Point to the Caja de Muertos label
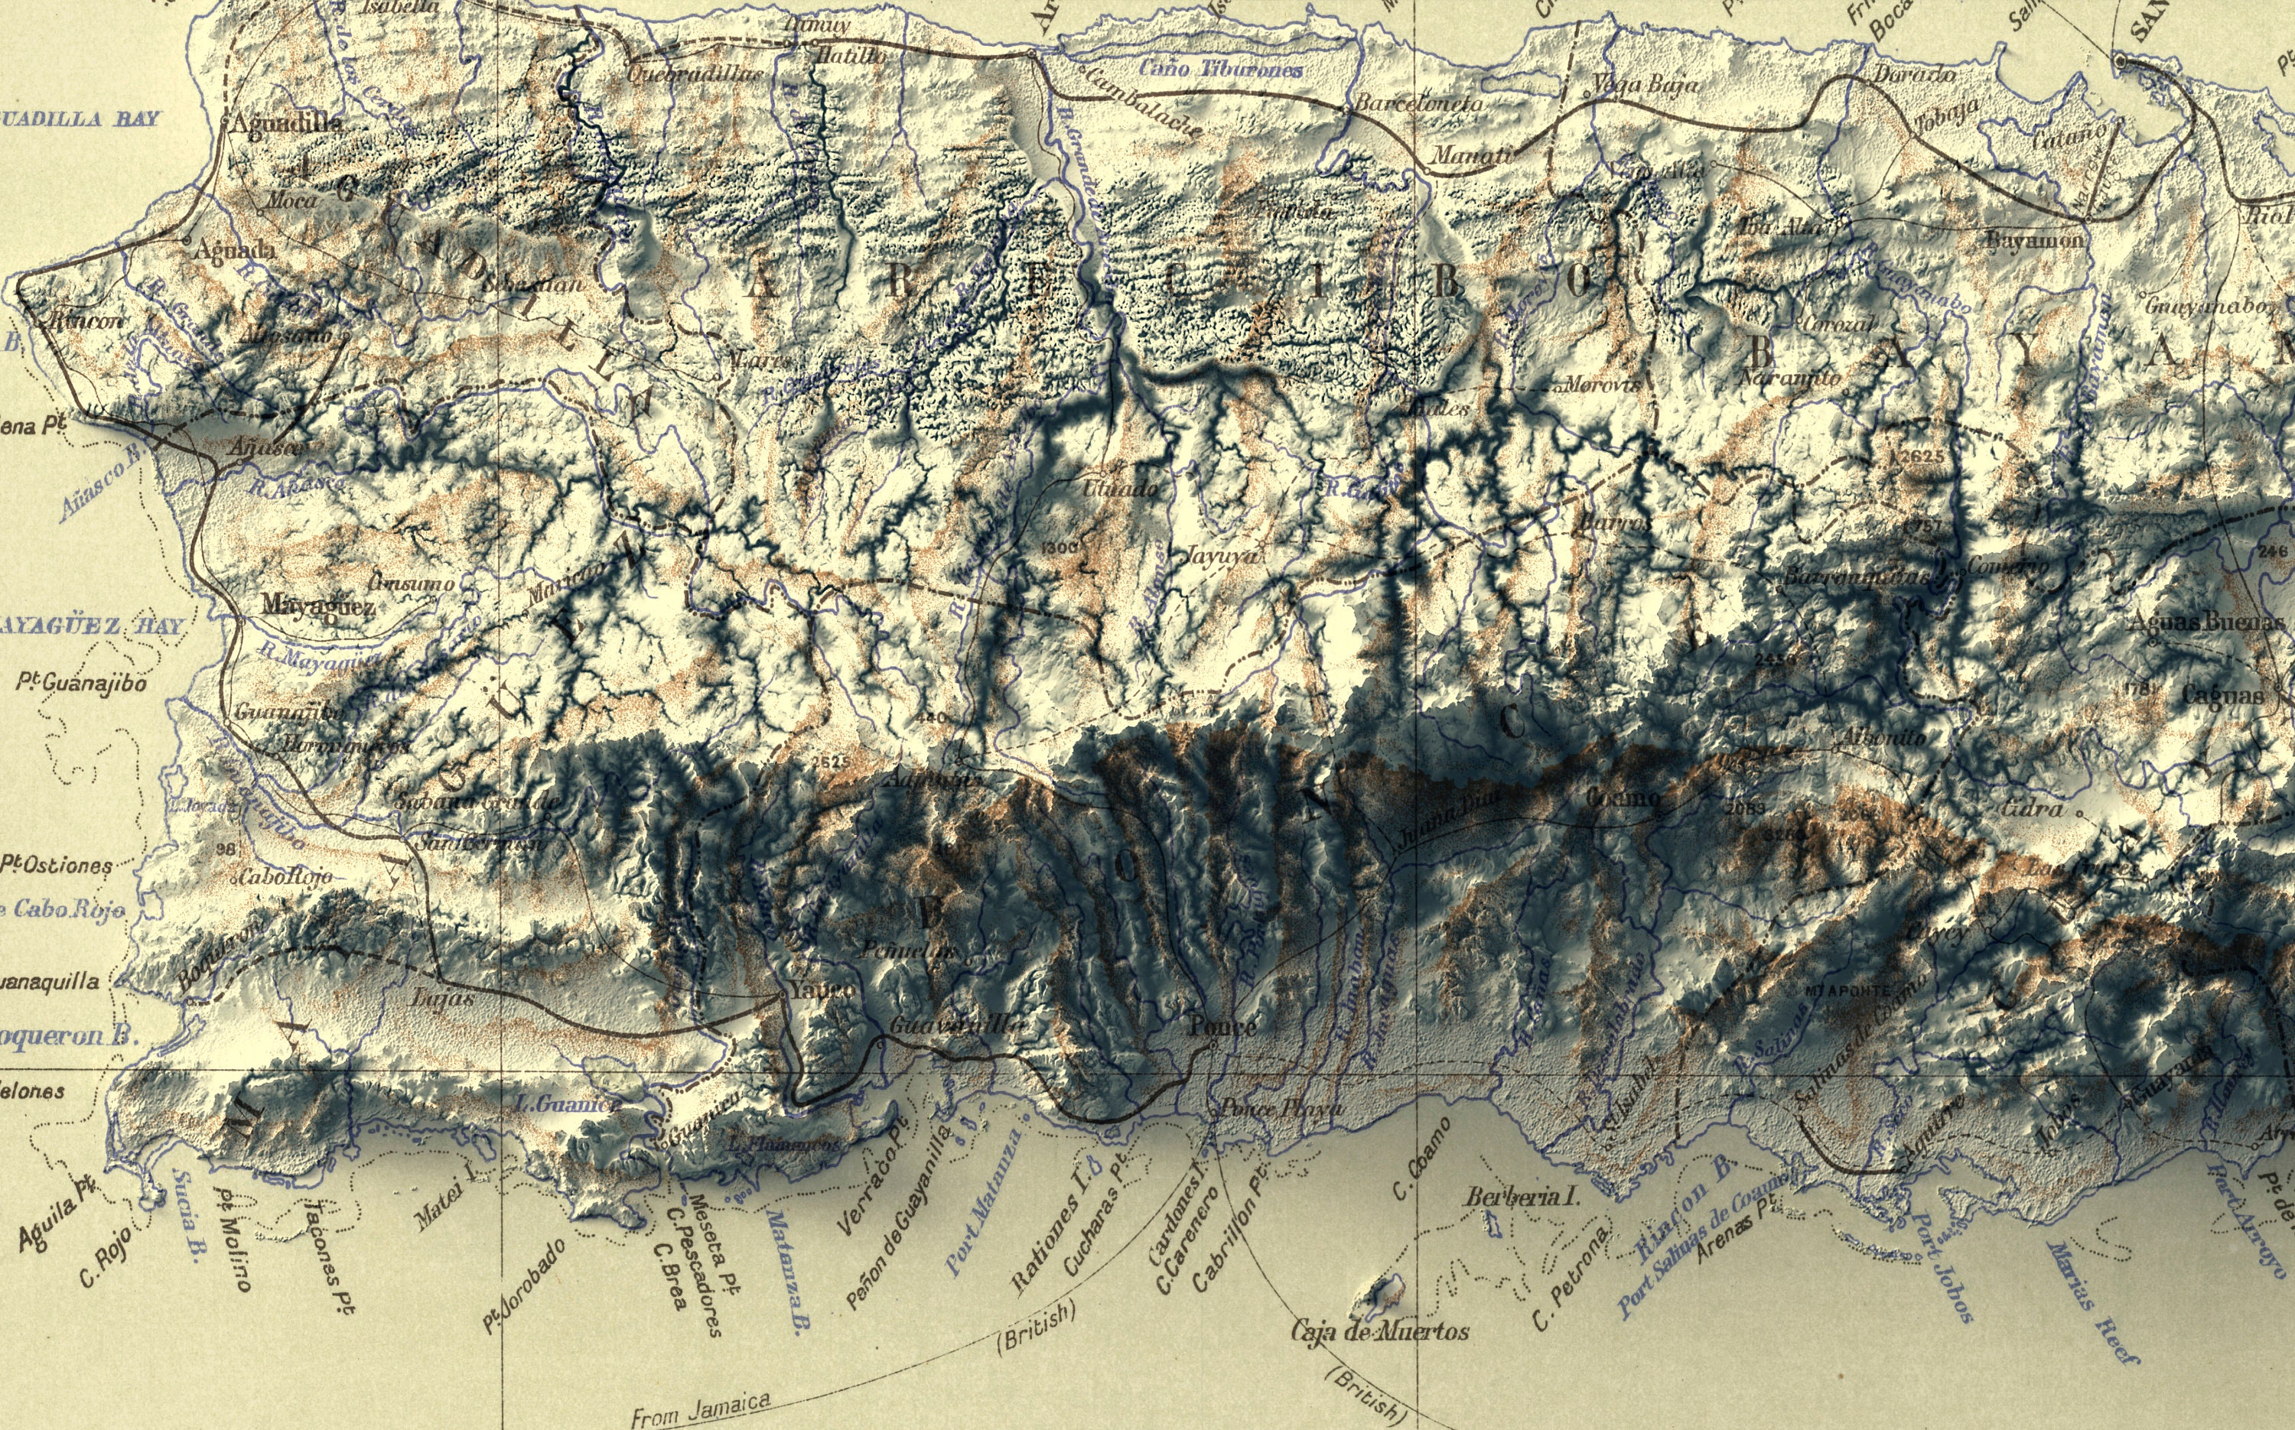click(x=1380, y=1331)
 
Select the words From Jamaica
click(x=700, y=1410)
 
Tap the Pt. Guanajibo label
click(x=81, y=683)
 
